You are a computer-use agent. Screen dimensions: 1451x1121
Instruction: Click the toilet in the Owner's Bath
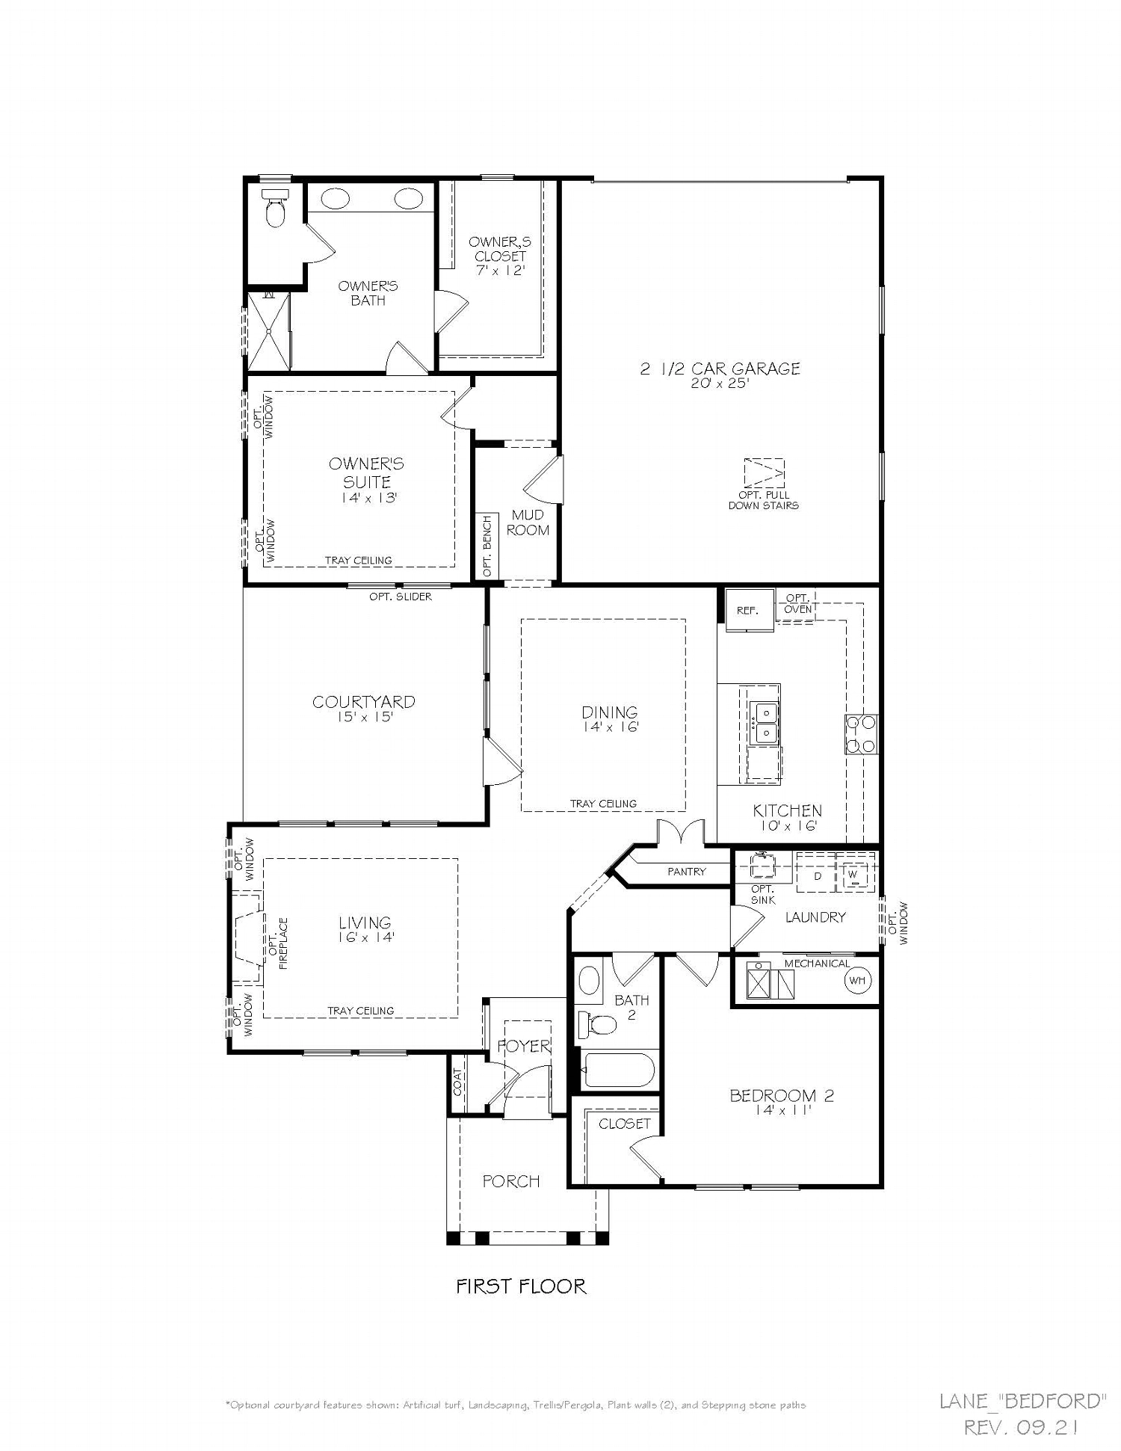coord(275,210)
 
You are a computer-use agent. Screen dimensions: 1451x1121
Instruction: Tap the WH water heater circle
coord(856,980)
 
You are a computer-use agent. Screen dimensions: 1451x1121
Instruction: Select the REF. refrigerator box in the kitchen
coord(747,610)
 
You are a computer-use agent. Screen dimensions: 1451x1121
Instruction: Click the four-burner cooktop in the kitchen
coord(861,734)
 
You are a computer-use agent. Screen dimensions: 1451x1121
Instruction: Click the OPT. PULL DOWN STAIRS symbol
coord(764,473)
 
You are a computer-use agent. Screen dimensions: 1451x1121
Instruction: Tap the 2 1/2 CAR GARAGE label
coord(720,369)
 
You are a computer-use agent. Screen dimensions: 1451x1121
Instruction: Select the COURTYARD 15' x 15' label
coord(364,708)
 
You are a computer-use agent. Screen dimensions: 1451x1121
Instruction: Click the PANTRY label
coord(686,872)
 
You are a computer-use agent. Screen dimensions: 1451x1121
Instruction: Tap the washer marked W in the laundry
coord(853,874)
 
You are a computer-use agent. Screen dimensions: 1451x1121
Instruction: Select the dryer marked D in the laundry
coord(817,875)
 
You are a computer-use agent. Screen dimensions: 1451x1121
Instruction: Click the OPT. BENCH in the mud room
coord(487,545)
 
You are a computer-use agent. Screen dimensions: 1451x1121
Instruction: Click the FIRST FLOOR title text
coord(521,1286)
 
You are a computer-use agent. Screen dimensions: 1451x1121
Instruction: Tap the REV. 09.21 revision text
coord(1021,1428)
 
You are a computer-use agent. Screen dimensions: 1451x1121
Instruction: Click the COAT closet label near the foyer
coord(457,1082)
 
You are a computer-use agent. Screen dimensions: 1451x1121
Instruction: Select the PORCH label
coord(511,1181)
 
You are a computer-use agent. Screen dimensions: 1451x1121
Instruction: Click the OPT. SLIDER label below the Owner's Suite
coord(400,597)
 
